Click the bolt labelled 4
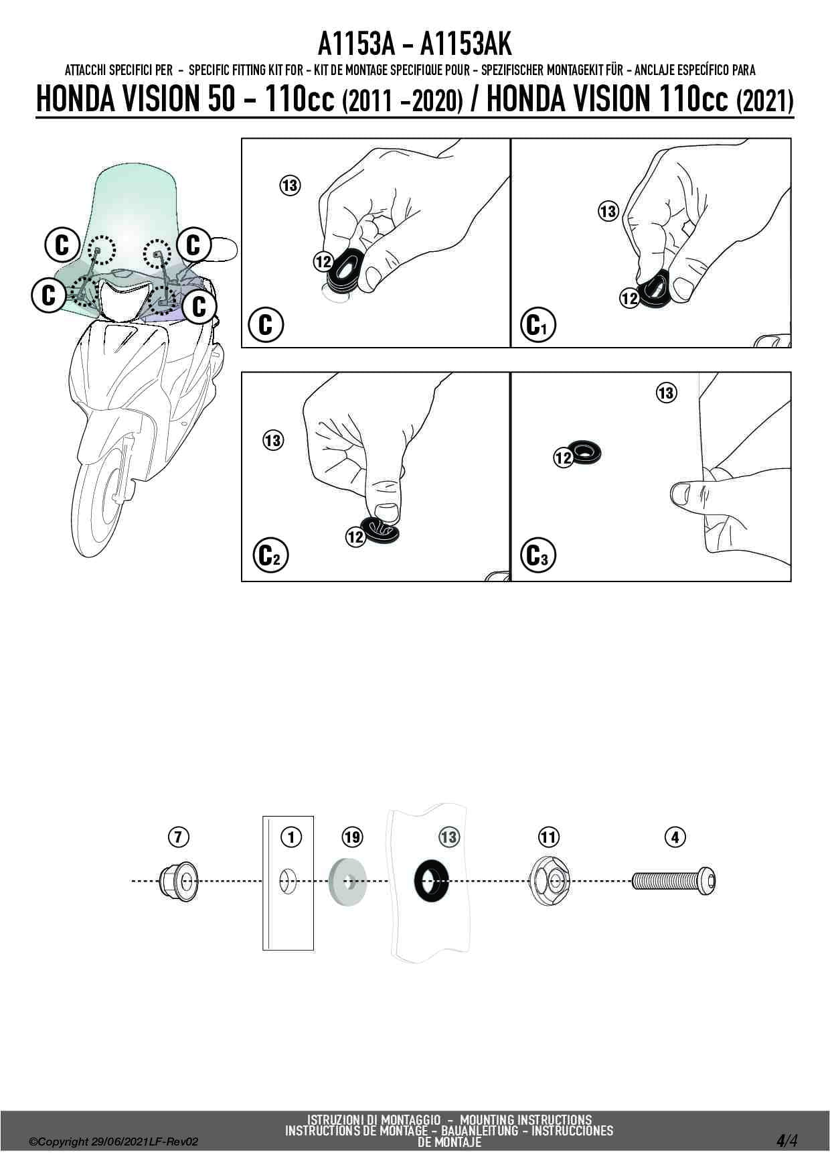[673, 880]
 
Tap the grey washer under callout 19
[347, 879]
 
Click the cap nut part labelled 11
[548, 880]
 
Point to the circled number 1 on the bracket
[291, 837]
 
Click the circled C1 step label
[537, 326]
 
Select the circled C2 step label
[270, 555]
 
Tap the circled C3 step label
[537, 555]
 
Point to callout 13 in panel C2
[272, 440]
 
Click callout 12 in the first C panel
[323, 261]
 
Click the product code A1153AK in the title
[466, 44]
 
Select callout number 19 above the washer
[352, 837]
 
